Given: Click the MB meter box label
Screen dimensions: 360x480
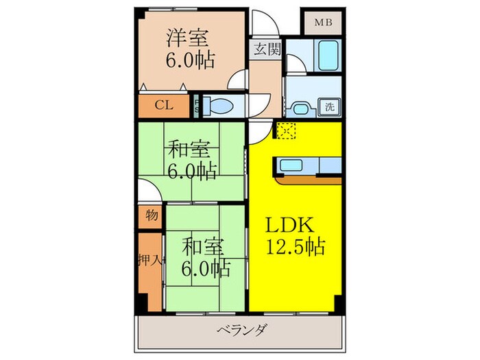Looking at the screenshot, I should coord(323,22).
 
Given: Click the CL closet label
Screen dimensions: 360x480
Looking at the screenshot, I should coord(163,105).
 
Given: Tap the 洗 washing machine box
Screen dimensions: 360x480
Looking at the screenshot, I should coord(330,106).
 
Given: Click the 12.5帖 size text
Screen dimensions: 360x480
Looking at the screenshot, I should coord(296,245).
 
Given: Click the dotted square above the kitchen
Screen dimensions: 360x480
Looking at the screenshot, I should coord(285,130).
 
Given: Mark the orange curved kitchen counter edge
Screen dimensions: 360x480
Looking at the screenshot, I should coord(309,180).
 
